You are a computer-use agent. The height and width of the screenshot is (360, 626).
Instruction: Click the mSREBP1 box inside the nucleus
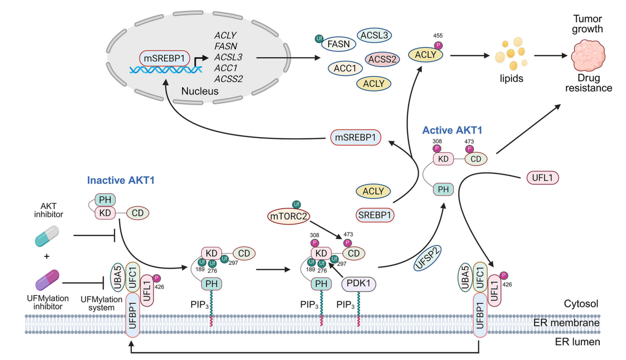tap(164, 58)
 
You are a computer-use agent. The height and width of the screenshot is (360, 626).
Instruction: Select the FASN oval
tap(339, 44)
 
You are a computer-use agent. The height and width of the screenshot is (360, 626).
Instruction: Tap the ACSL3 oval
tap(374, 35)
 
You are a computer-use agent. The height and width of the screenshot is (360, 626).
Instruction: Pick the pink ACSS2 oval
tap(382, 59)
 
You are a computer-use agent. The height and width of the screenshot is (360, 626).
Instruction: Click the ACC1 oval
tap(345, 68)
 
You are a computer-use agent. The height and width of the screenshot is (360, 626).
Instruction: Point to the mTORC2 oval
tap(288, 216)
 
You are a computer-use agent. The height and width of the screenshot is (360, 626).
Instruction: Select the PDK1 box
tap(359, 284)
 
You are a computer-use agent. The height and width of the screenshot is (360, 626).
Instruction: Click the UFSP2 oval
tap(427, 258)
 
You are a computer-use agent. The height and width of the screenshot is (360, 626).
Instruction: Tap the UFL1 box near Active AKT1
tap(542, 178)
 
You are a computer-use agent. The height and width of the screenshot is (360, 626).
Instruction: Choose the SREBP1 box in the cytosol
tap(374, 215)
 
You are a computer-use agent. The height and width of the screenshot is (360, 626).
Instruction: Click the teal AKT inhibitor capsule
tap(47, 236)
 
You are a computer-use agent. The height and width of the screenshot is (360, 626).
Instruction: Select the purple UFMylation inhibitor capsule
tap(47, 280)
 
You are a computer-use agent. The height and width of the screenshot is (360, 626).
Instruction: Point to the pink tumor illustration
tap(588, 56)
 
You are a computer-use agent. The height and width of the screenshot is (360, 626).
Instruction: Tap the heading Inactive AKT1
tap(121, 180)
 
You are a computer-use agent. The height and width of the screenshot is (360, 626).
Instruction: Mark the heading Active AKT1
tap(452, 130)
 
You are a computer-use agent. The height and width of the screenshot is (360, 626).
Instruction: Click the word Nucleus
tap(200, 91)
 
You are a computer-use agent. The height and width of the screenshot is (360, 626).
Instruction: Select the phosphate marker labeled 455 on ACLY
tap(439, 45)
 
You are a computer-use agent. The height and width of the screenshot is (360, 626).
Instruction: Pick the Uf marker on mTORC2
tap(296, 204)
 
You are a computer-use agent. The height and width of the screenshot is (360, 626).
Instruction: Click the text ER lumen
tap(577, 342)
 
